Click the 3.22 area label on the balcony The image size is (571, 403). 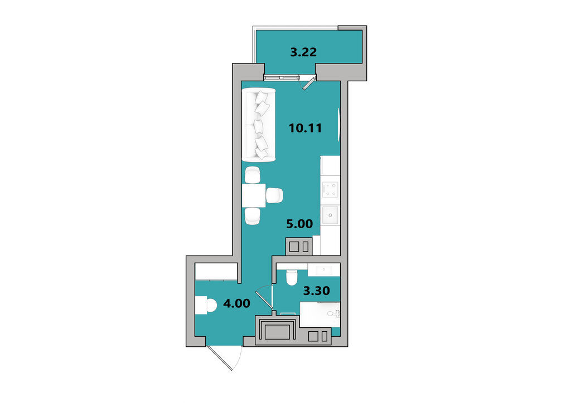point(303,52)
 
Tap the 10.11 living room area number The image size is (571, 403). point(305,128)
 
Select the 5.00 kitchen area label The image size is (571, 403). point(299,224)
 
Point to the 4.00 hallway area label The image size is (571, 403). point(236,303)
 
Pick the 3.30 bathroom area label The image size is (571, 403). point(317,291)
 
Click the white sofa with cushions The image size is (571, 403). point(259,125)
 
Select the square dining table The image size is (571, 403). point(254,195)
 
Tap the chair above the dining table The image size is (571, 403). point(253,175)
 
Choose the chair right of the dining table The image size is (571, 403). point(274,195)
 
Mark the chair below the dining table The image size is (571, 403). point(253,216)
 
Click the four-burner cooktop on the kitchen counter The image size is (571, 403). point(331,189)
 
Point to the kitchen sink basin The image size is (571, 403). point(330,215)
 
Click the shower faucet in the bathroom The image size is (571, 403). point(334,313)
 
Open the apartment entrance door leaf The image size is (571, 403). point(219,358)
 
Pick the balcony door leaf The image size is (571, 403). point(309,83)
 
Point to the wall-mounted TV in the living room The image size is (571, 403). point(339,124)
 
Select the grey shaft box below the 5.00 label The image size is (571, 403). point(299,247)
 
